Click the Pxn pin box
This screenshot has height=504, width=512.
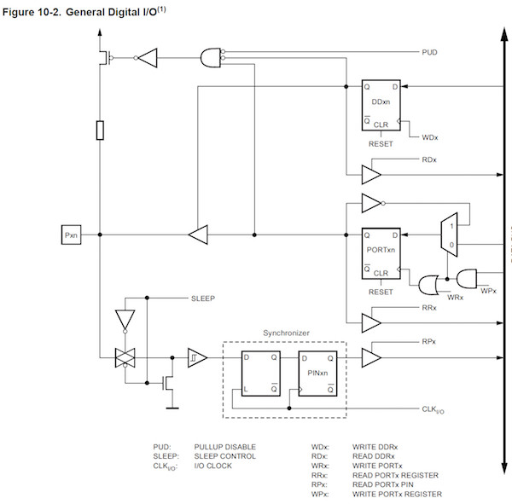[x=73, y=234]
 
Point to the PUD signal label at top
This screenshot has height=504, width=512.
[x=431, y=52]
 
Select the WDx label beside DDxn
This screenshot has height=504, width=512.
[x=430, y=136]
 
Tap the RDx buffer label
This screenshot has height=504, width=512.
[x=429, y=159]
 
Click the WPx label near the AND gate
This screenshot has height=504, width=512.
[x=487, y=291]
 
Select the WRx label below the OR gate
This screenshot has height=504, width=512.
[x=432, y=297]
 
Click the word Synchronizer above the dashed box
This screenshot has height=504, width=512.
[x=285, y=332]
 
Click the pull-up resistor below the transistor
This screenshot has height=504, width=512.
[x=100, y=130]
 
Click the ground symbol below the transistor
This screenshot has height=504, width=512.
[x=171, y=405]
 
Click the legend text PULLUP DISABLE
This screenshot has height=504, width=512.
[x=224, y=446]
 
